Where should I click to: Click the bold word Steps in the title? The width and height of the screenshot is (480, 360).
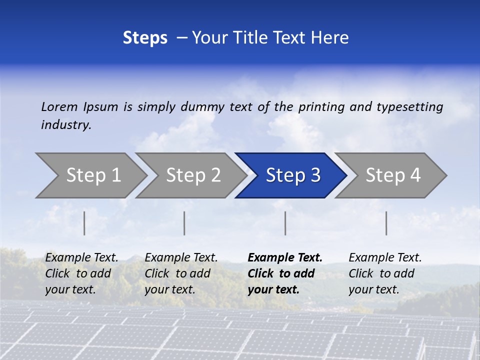point(145,38)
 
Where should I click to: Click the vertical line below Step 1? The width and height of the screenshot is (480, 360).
point(84,223)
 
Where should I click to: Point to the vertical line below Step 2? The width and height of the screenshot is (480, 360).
point(184,223)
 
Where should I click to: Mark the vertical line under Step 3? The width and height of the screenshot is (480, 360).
point(285,223)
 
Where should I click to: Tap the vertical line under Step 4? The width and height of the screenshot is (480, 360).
point(386,223)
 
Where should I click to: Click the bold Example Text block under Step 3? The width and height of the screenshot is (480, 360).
point(285,273)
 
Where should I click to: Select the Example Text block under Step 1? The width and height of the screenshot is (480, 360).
point(81,273)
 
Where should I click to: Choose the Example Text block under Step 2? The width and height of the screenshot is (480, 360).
point(181,273)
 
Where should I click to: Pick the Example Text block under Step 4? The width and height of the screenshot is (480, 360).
point(385,273)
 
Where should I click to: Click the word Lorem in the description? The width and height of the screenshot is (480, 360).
point(59,106)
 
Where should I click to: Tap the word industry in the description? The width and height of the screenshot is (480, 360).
point(66,125)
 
